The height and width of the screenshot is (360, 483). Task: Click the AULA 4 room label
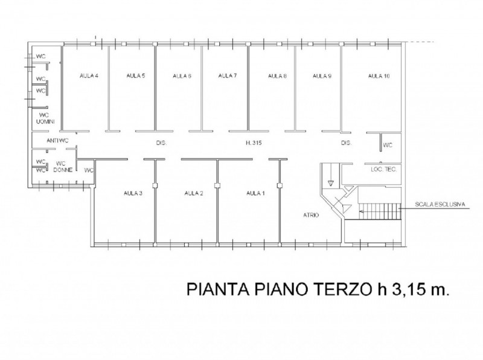tap(89, 76)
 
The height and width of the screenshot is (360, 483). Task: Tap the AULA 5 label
tap(135, 76)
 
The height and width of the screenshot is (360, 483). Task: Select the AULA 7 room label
tap(228, 76)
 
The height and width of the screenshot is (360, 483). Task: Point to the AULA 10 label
tap(379, 76)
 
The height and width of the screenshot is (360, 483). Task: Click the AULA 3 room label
tap(133, 193)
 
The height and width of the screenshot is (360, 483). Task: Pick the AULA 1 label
tap(255, 193)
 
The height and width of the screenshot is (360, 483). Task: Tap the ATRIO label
tap(311, 215)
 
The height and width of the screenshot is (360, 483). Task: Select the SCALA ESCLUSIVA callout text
tap(440, 204)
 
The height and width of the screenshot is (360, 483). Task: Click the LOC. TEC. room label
tap(384, 169)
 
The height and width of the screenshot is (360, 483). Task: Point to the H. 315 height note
tap(254, 143)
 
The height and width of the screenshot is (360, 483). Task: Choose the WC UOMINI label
tap(45, 118)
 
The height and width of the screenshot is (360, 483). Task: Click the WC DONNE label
tap(63, 167)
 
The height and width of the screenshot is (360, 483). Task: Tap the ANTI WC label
tap(57, 141)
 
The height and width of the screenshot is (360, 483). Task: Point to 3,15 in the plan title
tap(404, 290)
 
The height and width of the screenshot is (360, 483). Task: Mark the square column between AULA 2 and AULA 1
tap(217, 185)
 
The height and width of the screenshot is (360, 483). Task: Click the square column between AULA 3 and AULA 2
tap(155, 185)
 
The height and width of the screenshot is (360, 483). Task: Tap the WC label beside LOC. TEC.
tap(388, 145)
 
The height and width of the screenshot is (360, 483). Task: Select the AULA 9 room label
tap(322, 76)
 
